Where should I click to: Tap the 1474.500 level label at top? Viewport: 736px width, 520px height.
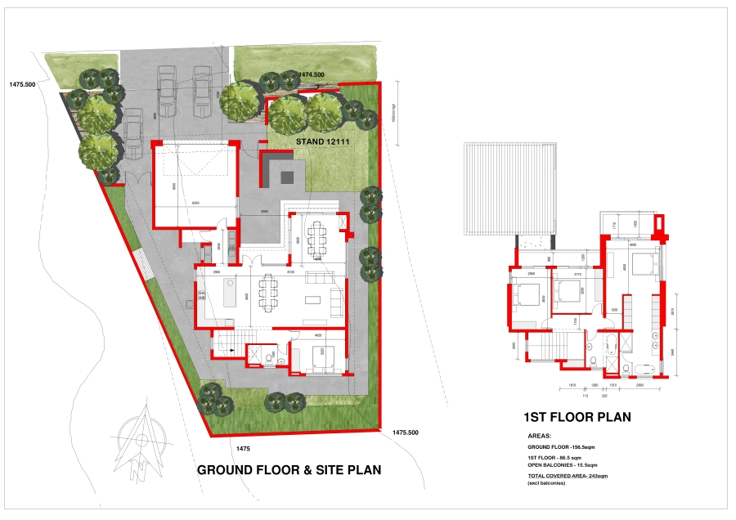click(312, 74)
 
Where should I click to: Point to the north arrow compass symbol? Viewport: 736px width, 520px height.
click(144, 440)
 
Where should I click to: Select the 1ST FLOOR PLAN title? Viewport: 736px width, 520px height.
click(578, 417)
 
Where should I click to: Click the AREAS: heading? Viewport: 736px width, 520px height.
click(541, 437)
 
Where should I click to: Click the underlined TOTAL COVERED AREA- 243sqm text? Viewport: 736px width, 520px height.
click(568, 475)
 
